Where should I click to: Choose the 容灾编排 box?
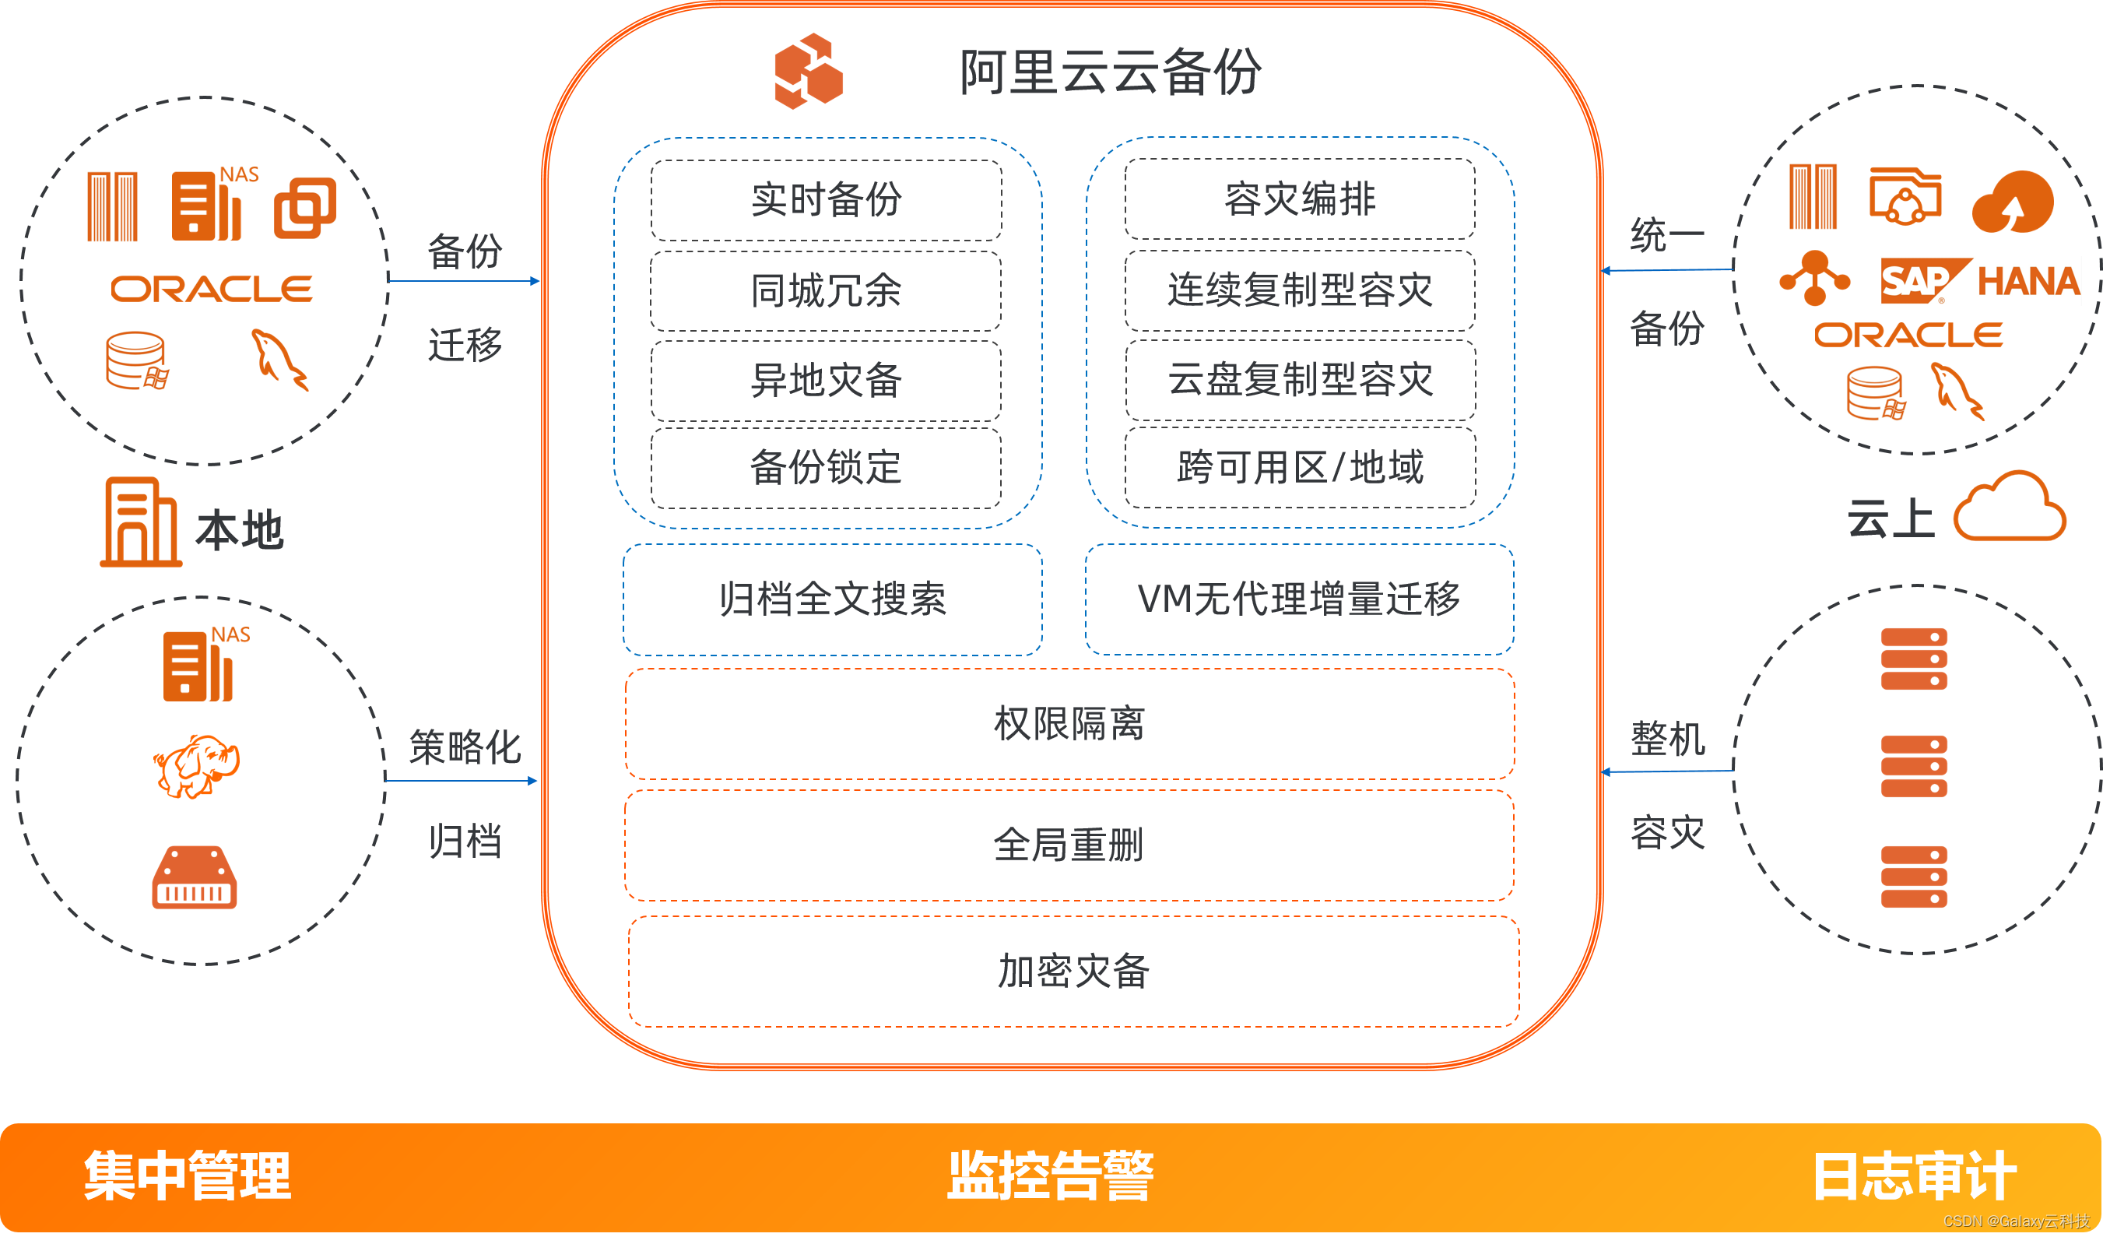click(x=1299, y=199)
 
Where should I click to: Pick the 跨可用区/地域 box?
click(x=1299, y=467)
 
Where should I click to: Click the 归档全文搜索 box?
click(x=832, y=599)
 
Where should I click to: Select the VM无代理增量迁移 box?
click(x=1298, y=599)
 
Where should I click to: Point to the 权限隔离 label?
click(x=1069, y=724)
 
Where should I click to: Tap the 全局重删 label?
click(x=1069, y=845)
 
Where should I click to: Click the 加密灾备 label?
click(x=1073, y=972)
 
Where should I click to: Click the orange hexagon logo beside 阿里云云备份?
click(x=808, y=71)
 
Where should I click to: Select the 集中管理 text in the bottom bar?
click(x=188, y=1176)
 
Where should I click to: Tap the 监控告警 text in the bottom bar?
click(x=1050, y=1176)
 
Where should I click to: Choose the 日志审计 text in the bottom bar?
click(x=1915, y=1176)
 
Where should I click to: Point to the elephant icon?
click(x=197, y=765)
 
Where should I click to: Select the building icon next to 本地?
click(x=140, y=522)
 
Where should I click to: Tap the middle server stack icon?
click(x=1914, y=766)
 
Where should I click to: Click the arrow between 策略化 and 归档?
click(x=461, y=782)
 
